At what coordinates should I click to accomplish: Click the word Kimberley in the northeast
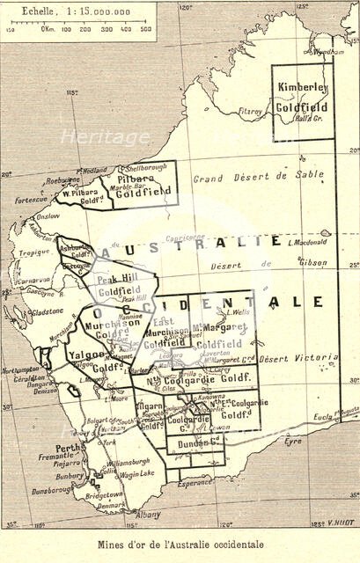pos(302,87)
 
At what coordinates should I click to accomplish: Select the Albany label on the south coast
pos(126,515)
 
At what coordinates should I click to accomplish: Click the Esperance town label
pos(193,482)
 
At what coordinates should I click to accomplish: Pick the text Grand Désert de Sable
pos(258,176)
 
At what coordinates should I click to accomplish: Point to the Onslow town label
pos(47,216)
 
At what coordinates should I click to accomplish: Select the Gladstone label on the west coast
pos(46,311)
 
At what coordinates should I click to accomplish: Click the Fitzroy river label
pos(250,112)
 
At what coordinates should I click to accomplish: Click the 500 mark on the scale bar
pos(145,29)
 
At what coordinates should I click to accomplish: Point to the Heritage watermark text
pos(105,137)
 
